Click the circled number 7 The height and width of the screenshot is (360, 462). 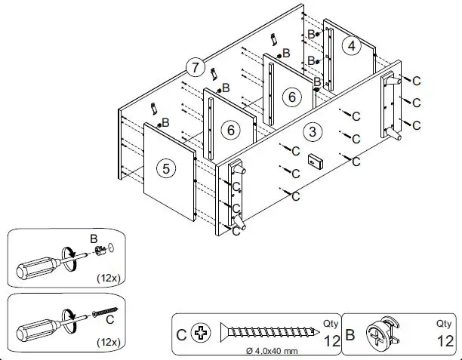196,68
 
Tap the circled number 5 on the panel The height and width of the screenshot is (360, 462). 166,168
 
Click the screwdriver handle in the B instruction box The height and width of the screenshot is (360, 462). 37,267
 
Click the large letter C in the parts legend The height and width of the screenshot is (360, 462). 181,333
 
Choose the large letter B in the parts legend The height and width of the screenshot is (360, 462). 350,333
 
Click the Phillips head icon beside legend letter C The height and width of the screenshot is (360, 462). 201,333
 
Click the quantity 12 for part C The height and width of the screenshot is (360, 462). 331,340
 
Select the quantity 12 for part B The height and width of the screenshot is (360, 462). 445,340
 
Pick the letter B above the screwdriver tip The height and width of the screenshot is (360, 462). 94,239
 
